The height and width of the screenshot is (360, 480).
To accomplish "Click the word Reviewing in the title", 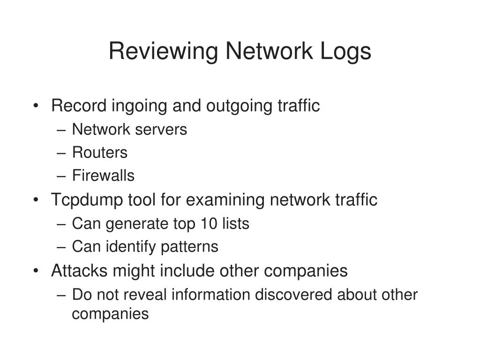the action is click(164, 52).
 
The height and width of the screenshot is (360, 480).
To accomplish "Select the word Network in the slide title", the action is click(269, 51).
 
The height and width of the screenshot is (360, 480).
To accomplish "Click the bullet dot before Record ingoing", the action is click(36, 105).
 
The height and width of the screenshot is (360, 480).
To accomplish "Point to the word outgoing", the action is click(239, 106).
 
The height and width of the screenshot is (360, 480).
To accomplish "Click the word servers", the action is click(161, 130).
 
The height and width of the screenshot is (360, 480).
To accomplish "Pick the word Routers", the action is click(100, 152).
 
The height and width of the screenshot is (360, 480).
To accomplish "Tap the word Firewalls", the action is click(104, 175).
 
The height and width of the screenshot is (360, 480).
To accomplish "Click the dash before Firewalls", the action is click(61, 176).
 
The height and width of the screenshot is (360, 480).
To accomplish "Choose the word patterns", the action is click(189, 247).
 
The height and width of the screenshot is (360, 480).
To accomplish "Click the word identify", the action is click(131, 247).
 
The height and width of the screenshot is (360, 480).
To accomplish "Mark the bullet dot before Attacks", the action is click(36, 270).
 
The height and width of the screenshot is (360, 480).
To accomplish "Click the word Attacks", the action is click(79, 270).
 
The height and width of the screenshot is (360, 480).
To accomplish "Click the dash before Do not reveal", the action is click(61, 295).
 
